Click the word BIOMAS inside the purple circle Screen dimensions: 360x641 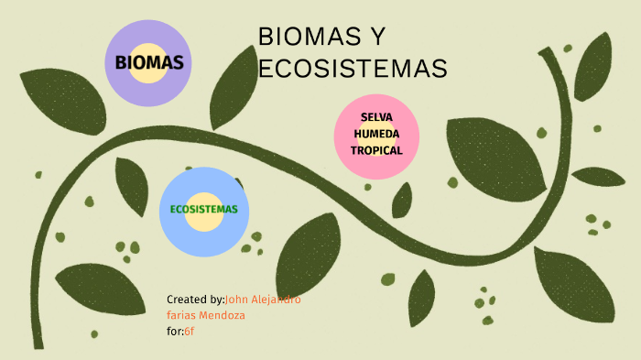tap(148, 63)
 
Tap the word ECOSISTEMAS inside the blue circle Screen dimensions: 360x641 tap(203, 209)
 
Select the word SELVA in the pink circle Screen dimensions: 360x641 tap(376, 118)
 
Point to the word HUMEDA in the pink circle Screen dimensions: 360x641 tap(376, 134)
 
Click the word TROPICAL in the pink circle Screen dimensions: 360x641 tap(376, 149)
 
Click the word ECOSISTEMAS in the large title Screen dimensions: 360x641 tap(353, 69)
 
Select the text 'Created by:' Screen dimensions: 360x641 tap(195, 300)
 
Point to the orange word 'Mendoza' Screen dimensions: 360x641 tap(223, 315)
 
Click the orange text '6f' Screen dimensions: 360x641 tap(190, 330)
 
